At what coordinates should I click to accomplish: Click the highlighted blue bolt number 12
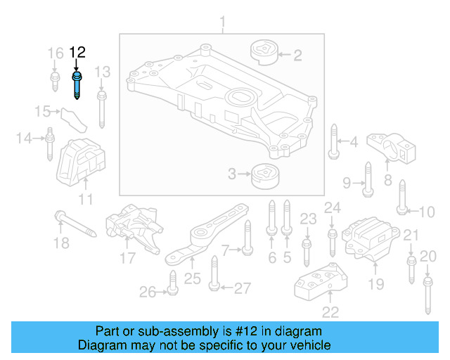pos(77,84)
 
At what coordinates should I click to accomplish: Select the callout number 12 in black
pos(77,52)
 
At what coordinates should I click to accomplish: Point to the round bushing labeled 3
pos(264,174)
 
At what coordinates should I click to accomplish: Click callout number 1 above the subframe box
pos(223,26)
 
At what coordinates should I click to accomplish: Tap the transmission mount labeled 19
pos(368,241)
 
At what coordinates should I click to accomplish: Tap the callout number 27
pos(242,288)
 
